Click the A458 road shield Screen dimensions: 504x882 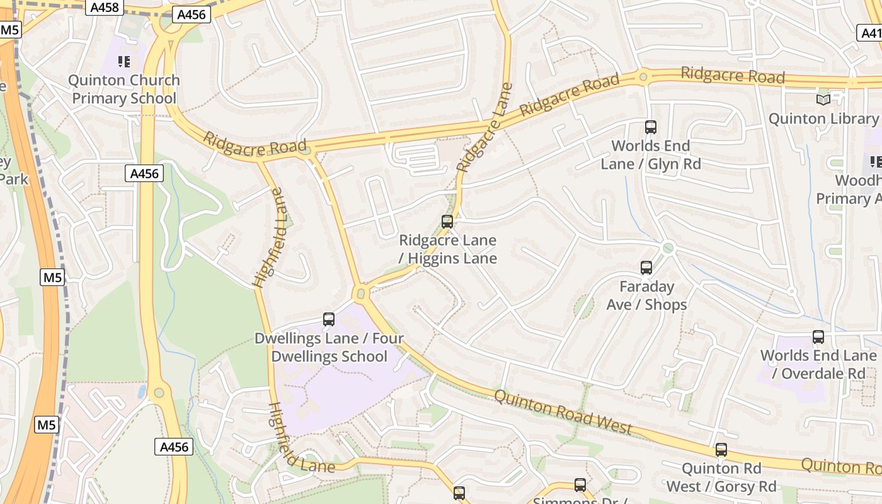(104, 8)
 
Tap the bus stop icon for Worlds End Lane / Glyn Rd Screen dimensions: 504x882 (651, 127)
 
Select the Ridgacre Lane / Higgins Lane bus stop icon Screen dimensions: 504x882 (447, 222)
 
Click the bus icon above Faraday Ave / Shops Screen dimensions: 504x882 (646, 268)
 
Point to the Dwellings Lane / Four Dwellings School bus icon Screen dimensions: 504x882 (329, 319)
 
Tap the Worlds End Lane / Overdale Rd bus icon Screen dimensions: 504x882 (818, 337)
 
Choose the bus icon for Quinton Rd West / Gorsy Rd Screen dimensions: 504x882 (721, 450)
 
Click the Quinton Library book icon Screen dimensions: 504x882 (823, 100)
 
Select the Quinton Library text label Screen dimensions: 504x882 (823, 118)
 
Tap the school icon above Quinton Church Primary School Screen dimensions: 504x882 (124, 62)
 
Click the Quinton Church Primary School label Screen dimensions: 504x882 (124, 89)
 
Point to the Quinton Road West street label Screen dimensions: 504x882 (563, 412)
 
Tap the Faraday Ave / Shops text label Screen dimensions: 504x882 (646, 295)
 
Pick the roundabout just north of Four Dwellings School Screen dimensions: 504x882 (361, 293)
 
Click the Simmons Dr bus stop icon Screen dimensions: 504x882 (580, 485)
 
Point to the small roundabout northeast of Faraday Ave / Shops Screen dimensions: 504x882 (668, 248)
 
